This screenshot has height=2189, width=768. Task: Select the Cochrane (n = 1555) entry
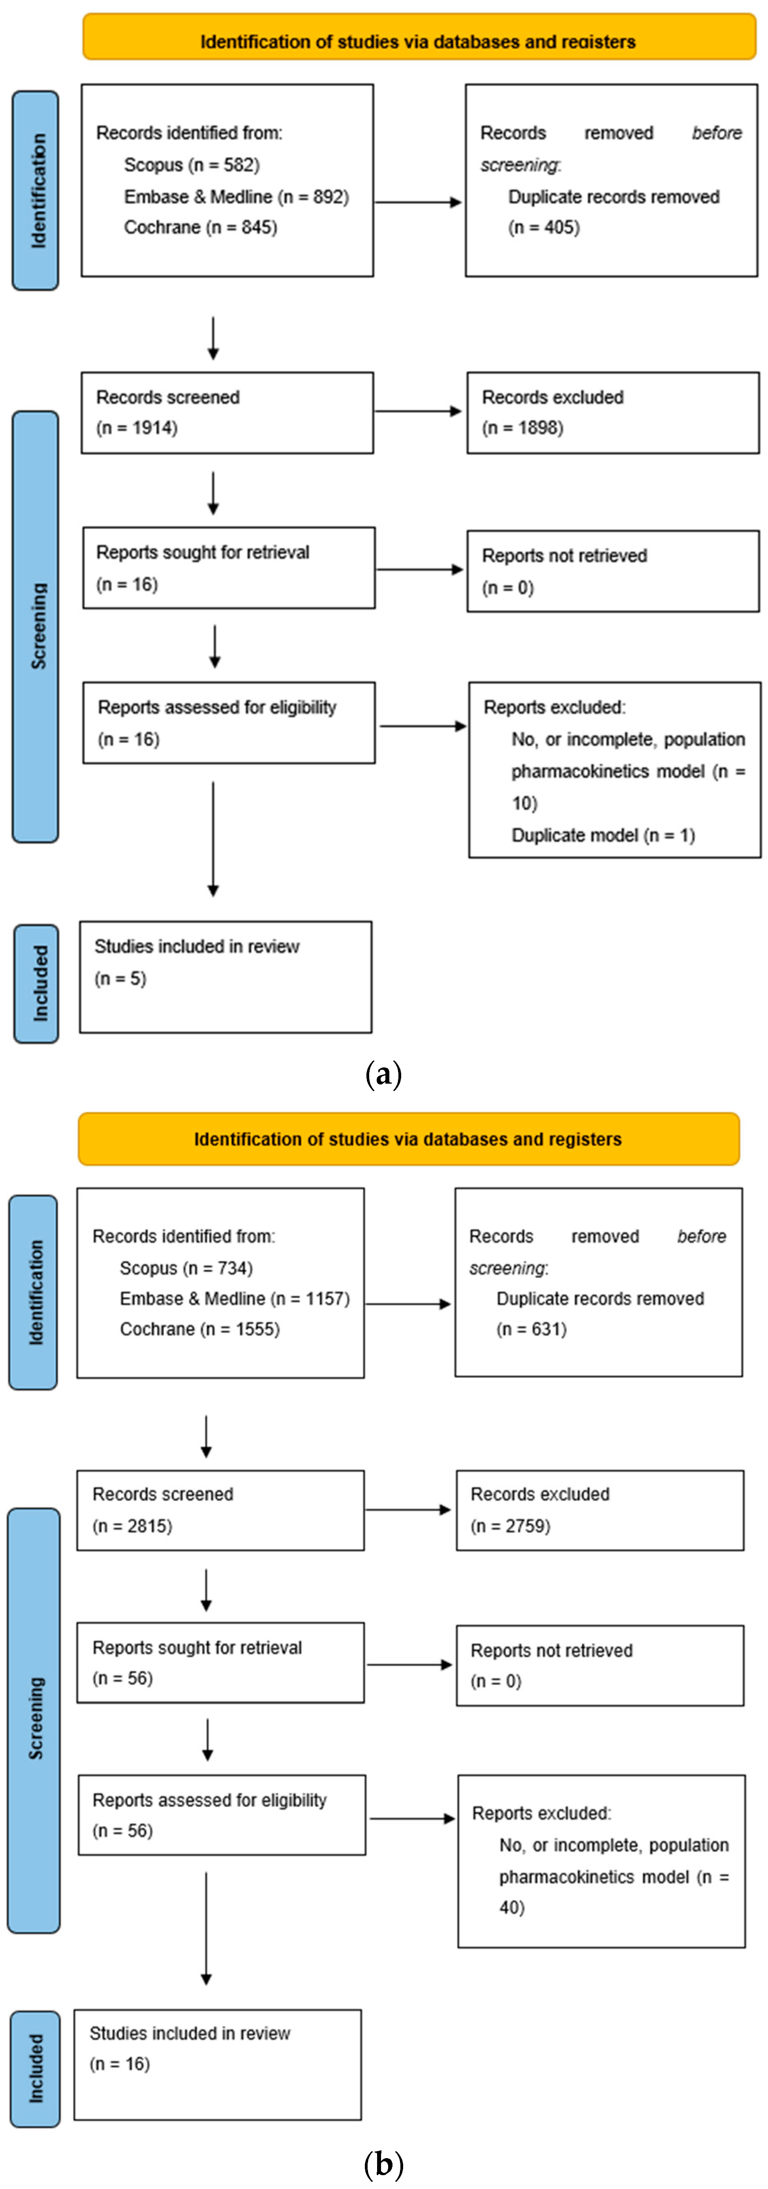tap(200, 1329)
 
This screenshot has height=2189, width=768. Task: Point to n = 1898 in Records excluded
tap(522, 428)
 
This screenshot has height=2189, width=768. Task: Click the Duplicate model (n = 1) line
tap(602, 835)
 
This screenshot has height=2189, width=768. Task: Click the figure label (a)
tap(383, 1075)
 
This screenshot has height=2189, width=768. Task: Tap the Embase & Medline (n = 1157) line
tap(235, 1298)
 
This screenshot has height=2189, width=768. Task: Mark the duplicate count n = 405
tap(544, 228)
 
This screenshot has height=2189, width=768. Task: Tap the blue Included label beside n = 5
tap(37, 983)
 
